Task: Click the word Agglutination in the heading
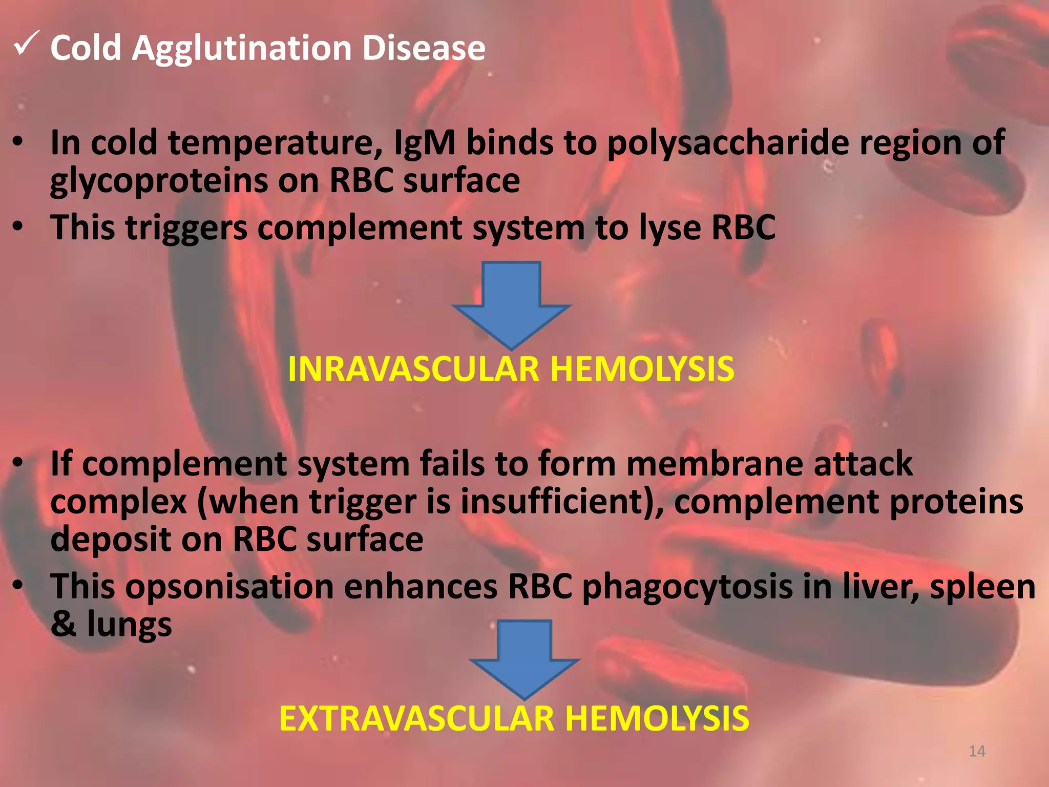point(242,49)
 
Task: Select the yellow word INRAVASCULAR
point(413,369)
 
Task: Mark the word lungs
point(130,626)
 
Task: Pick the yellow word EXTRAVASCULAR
point(416,719)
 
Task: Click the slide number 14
point(977,751)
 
